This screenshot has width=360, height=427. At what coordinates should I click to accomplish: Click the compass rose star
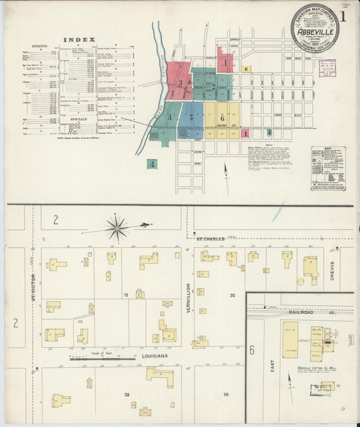[118, 228]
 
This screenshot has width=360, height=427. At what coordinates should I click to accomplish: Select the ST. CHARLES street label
[211, 238]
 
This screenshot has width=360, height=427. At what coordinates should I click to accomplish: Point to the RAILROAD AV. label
[307, 312]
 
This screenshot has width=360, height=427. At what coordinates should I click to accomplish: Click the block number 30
[232, 295]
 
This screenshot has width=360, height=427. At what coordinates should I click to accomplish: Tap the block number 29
[226, 395]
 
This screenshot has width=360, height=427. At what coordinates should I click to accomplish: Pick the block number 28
[126, 393]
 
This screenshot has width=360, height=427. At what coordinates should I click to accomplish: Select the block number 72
[126, 295]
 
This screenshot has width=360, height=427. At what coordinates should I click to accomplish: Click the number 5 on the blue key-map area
[191, 118]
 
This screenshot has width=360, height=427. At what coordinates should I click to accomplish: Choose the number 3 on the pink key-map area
[180, 84]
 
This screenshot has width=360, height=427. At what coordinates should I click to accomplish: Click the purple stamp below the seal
[327, 68]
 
